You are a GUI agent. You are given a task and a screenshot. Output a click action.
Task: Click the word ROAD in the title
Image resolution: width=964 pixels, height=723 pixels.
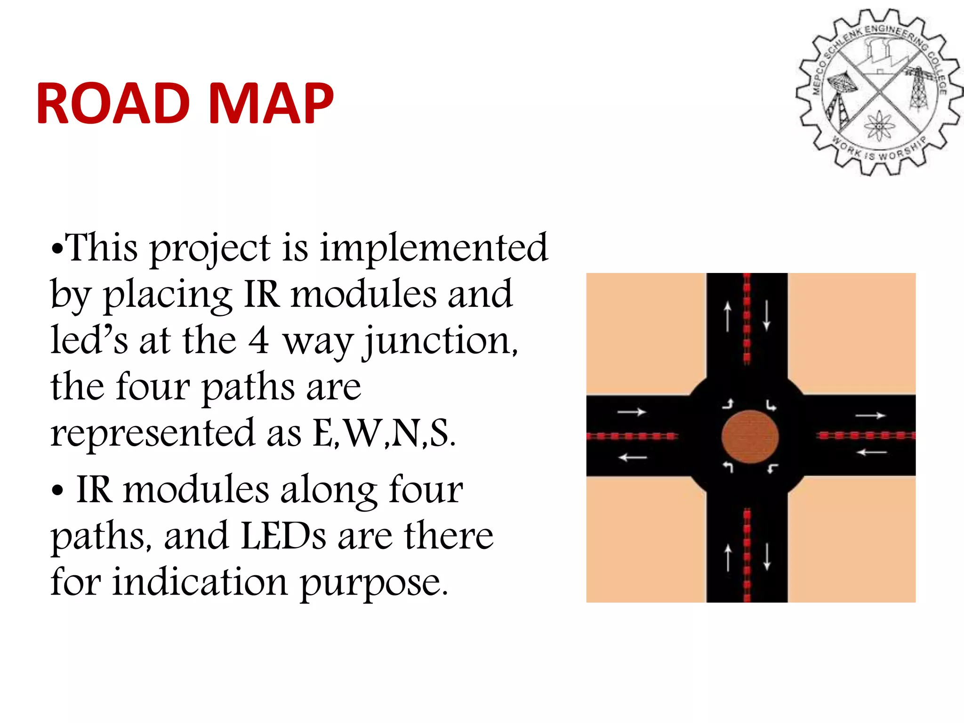tap(113, 104)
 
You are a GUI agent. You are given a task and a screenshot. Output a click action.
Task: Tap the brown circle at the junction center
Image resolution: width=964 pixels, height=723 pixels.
tap(750, 436)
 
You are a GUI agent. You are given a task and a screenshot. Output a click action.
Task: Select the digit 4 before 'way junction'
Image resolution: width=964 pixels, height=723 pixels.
tap(258, 340)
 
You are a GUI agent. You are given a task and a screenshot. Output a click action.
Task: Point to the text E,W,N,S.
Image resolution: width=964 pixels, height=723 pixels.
tap(384, 433)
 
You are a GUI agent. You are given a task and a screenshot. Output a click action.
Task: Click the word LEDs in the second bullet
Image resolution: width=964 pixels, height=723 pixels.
tap(283, 536)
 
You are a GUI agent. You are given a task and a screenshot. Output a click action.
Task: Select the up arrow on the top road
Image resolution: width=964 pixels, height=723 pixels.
tap(728, 316)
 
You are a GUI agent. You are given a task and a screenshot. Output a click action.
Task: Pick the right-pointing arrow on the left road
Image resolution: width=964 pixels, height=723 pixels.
tap(632, 412)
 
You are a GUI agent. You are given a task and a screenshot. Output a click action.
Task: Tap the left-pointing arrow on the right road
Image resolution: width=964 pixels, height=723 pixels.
tap(871, 452)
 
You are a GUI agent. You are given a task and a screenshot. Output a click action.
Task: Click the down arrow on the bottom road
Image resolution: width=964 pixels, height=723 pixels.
tap(767, 557)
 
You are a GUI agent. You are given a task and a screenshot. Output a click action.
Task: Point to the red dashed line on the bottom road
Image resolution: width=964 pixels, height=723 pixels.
tap(747, 555)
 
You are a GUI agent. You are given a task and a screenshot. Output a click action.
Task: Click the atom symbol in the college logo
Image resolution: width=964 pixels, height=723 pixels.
tap(878, 125)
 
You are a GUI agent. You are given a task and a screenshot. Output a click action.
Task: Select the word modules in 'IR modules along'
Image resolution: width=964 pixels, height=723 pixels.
tap(196, 490)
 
